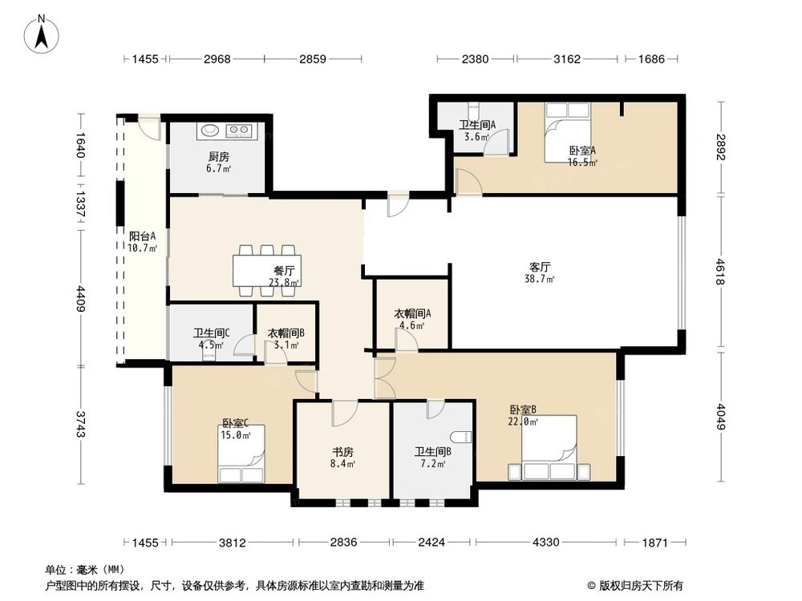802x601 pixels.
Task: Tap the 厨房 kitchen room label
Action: point(217,157)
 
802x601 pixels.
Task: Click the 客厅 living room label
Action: point(541,266)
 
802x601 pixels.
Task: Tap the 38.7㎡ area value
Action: point(541,279)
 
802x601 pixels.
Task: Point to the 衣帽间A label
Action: point(413,313)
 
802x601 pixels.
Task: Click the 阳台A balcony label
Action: point(141,236)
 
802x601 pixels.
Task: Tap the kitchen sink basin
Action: point(210,129)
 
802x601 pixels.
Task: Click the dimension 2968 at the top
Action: point(217,59)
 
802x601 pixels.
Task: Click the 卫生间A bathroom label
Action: point(476,124)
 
